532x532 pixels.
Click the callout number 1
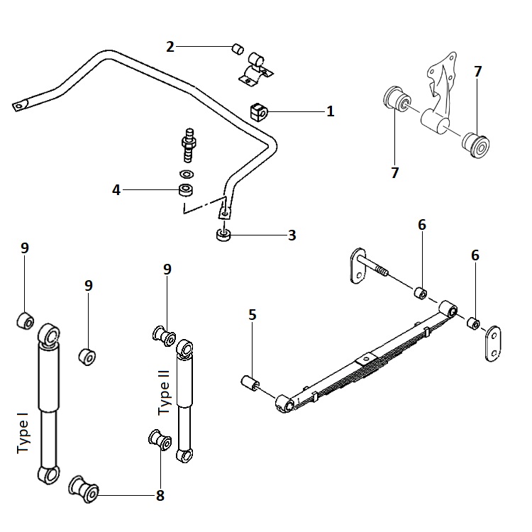(330, 111)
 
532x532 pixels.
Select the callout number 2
(170, 47)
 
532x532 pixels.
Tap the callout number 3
(292, 235)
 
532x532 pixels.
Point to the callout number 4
(116, 189)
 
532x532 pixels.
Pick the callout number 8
(160, 496)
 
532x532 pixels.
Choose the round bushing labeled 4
(187, 189)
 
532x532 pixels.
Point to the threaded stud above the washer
(189, 142)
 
